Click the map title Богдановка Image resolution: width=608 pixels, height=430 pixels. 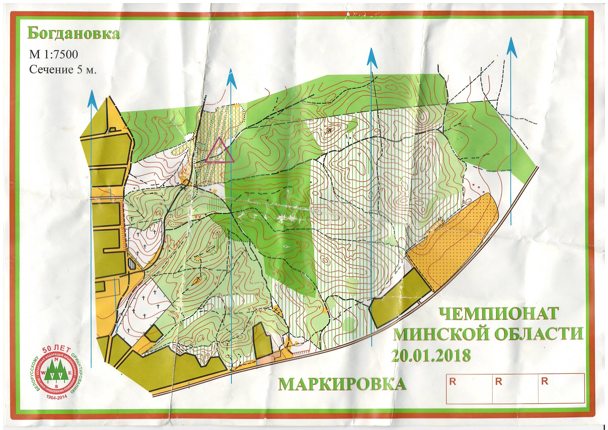[73, 34]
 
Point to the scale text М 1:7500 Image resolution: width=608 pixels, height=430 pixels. [53, 54]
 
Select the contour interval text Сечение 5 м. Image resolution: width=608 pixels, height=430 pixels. [62, 69]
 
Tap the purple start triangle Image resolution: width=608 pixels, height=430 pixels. [219, 151]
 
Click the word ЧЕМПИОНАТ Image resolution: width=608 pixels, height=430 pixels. [498, 314]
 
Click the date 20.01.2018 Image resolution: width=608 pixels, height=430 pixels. [431, 355]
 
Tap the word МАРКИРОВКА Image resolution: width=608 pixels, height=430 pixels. [342, 384]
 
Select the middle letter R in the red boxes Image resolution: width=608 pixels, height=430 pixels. [498, 382]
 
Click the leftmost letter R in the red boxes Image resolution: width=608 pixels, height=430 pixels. [452, 382]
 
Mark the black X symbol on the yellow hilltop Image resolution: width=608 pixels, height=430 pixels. [329, 130]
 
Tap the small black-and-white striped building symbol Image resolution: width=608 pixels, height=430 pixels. [132, 264]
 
